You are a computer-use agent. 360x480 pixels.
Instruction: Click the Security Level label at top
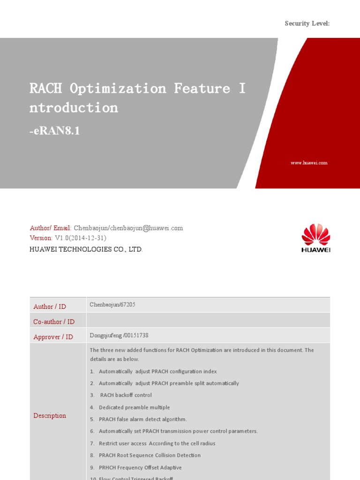pyautogui.click(x=307, y=23)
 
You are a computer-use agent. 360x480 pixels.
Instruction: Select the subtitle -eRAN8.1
pyautogui.click(x=55, y=131)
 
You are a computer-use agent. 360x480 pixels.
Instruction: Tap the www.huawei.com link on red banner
pyautogui.click(x=309, y=163)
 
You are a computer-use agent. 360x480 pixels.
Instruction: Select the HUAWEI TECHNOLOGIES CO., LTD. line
pyautogui.click(x=86, y=249)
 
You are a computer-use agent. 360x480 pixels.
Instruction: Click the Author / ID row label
pyautogui.click(x=50, y=307)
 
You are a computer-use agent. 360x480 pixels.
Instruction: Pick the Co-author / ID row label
pyautogui.click(x=54, y=322)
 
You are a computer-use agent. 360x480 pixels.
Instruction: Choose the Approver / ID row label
pyautogui.click(x=53, y=337)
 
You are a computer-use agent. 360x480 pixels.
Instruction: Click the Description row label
pyautogui.click(x=50, y=416)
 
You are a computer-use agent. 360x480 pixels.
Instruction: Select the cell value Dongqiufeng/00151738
pyautogui.click(x=119, y=335)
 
